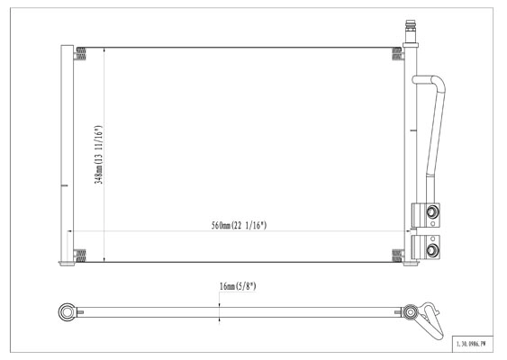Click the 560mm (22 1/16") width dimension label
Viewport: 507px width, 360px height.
click(239, 225)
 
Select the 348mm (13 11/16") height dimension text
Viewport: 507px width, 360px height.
click(99, 155)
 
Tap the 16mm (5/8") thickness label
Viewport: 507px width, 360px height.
click(238, 286)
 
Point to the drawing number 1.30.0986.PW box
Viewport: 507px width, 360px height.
click(473, 344)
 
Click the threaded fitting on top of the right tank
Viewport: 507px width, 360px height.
click(411, 31)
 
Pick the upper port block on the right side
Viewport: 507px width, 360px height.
click(426, 215)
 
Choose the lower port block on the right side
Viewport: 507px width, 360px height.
click(426, 247)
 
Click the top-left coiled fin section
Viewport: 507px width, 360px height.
click(80, 54)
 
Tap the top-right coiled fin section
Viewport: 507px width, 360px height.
click(397, 54)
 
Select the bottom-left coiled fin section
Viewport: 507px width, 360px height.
click(80, 256)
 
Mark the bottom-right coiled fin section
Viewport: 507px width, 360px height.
click(397, 256)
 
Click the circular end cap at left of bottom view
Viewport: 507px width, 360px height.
click(67, 312)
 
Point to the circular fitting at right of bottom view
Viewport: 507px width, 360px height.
click(410, 312)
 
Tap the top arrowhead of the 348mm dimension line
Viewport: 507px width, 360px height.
click(104, 49)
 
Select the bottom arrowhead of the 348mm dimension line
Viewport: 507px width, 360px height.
click(104, 259)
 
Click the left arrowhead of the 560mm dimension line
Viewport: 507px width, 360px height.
click(69, 231)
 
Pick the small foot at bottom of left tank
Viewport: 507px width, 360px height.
click(67, 264)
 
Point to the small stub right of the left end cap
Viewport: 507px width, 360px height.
click(80, 312)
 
